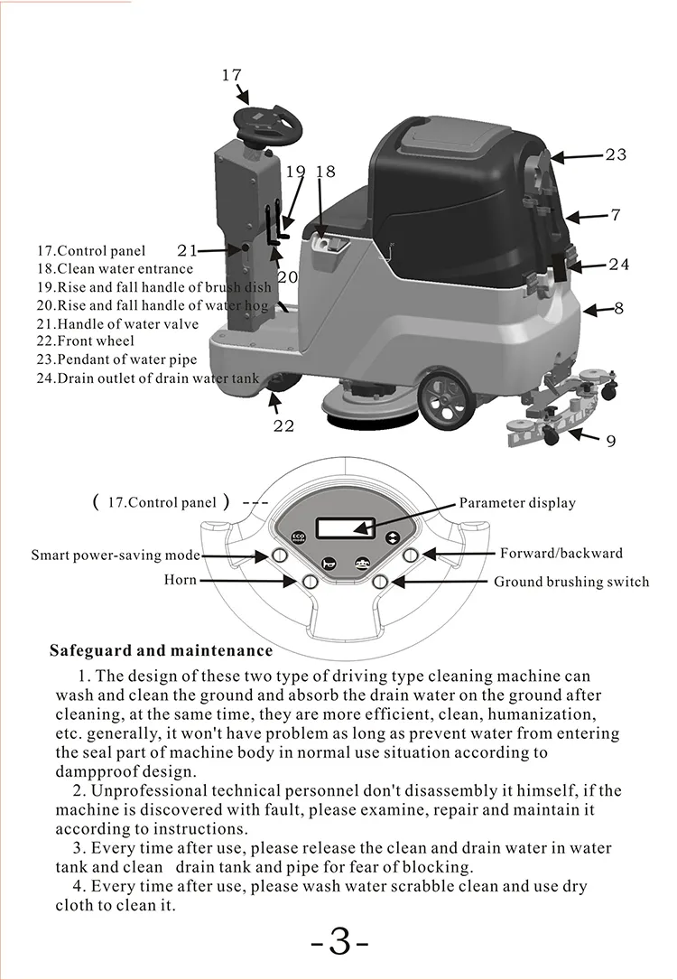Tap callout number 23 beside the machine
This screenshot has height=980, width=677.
616,155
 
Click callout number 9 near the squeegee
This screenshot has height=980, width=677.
611,442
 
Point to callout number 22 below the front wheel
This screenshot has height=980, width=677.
283,425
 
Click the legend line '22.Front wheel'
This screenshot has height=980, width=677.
85,341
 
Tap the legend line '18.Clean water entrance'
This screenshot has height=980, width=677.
115,268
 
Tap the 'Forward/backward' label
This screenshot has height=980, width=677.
561,553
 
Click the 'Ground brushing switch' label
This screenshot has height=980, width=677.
571,582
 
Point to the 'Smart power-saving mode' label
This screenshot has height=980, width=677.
116,555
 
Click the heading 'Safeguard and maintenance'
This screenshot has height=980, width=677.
161,650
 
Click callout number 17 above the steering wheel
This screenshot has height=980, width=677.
231,76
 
